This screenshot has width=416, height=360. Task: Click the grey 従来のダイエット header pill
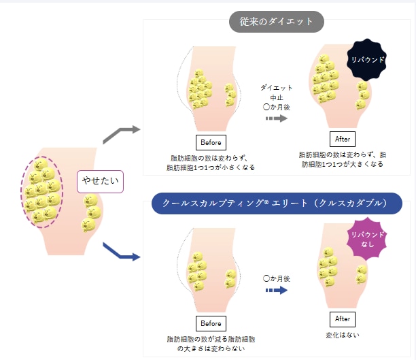(277, 22)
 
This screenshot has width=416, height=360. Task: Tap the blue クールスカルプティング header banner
(277, 203)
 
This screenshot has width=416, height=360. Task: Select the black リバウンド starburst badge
(366, 60)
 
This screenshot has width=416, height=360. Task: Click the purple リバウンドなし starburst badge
(367, 239)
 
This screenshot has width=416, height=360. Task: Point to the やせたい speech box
(100, 181)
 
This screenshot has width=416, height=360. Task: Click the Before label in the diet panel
(211, 142)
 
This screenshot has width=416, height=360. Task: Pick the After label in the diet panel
(343, 139)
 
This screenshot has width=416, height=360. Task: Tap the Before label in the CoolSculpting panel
(211, 323)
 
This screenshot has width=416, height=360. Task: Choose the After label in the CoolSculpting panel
(343, 319)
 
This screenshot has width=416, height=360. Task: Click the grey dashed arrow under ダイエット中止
(277, 118)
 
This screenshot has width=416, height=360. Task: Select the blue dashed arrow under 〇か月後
(277, 290)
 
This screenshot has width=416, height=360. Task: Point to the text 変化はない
(343, 336)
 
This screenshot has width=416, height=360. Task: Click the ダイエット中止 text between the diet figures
(277, 93)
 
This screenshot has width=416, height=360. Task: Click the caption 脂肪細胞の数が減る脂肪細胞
(211, 339)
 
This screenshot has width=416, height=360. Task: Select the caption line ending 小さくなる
(211, 167)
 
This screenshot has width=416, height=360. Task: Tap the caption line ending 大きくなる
(342, 164)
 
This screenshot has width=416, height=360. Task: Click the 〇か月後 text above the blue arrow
(277, 278)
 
